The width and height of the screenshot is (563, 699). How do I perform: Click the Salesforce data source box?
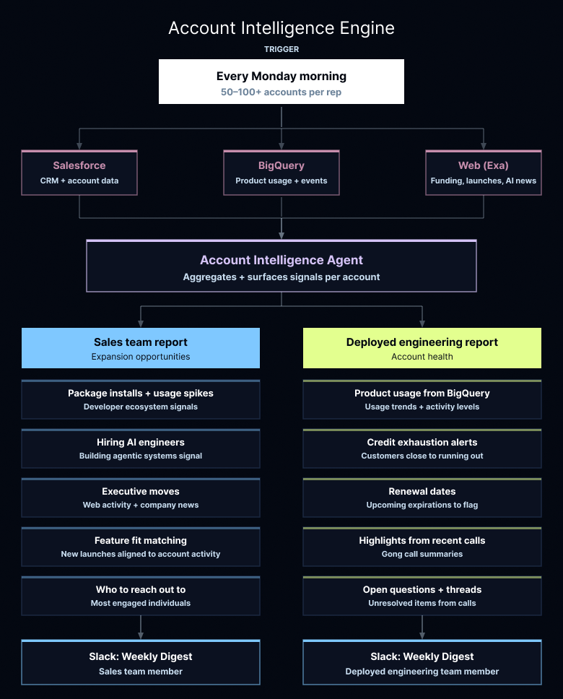tap(79, 173)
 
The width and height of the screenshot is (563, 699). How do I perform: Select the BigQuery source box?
tap(281, 173)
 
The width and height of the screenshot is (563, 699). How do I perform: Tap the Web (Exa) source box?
tap(484, 173)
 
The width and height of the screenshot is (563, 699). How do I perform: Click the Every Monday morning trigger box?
tap(281, 82)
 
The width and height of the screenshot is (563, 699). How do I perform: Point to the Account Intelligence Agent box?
tap(281, 266)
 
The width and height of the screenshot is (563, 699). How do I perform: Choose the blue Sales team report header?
tap(141, 348)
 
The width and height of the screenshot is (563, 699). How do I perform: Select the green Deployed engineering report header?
tap(422, 348)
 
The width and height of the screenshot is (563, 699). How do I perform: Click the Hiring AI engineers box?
tap(141, 448)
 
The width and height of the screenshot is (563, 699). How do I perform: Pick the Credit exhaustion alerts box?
tap(422, 448)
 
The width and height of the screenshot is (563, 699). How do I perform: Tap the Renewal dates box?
tap(422, 498)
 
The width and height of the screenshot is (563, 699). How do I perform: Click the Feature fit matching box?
tap(141, 547)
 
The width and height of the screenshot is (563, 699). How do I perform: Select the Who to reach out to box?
tap(141, 596)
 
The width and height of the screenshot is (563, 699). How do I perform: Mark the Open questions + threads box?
tap(422, 596)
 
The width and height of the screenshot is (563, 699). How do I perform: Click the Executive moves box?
tap(141, 498)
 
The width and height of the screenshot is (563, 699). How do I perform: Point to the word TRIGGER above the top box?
tap(281, 49)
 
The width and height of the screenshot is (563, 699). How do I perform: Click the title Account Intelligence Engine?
tap(281, 28)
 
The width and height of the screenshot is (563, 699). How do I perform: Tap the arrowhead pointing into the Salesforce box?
tap(79, 146)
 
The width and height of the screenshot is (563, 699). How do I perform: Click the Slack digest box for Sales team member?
tap(141, 663)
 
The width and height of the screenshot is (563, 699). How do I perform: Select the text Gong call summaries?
tap(422, 554)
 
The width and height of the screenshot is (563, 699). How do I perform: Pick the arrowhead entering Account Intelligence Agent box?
tap(281, 235)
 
